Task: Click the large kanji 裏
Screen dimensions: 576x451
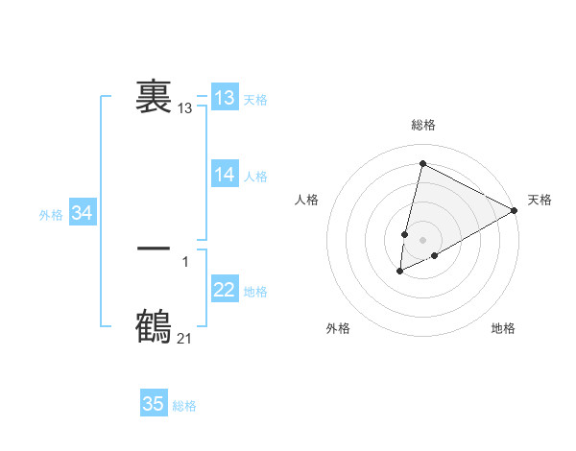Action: coord(154,97)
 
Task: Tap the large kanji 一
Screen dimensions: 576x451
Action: coord(154,249)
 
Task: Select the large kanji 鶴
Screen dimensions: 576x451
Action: coord(154,326)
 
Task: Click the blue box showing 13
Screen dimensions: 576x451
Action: coord(225,98)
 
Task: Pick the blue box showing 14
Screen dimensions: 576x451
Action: coord(225,175)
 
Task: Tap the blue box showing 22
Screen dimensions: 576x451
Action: coord(225,290)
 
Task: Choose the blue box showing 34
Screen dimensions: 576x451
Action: coord(82,214)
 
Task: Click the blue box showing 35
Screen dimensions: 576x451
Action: coord(154,404)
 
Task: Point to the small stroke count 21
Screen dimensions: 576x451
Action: coord(184,338)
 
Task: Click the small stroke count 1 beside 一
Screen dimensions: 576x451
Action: coord(185,261)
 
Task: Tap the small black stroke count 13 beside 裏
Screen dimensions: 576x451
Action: coord(184,109)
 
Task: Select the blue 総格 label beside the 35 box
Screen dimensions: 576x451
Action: coord(184,406)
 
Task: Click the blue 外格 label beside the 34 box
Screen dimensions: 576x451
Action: coord(51,215)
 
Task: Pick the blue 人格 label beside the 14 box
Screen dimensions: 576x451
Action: coord(255,177)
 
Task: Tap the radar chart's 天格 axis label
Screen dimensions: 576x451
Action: coord(540,200)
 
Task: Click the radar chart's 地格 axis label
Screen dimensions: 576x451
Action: coord(503,328)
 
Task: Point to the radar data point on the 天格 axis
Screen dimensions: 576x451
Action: coord(515,210)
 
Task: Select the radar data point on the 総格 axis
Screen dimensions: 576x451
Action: coord(422,164)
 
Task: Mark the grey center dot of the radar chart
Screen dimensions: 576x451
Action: coord(422,240)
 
